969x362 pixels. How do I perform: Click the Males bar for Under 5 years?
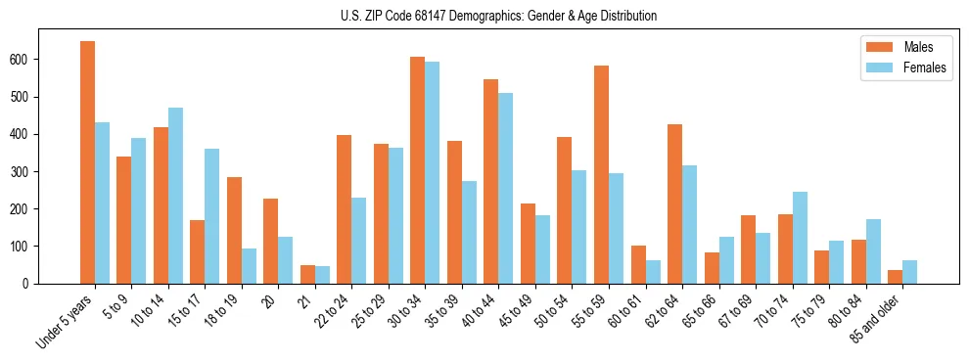point(87,162)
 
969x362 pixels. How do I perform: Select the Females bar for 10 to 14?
point(175,196)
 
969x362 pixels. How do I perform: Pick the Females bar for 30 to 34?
point(433,172)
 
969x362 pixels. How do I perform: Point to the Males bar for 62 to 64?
point(674,204)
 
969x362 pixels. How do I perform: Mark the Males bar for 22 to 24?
point(345,209)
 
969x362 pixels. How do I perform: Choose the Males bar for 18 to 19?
point(234,230)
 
